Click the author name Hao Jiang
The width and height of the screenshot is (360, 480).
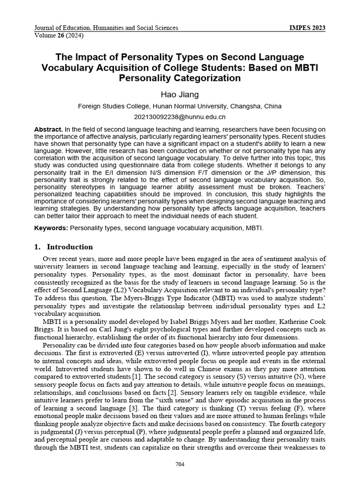click(180, 94)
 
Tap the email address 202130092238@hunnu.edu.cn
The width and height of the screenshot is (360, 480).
click(180, 117)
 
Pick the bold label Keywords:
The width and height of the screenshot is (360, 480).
click(51, 228)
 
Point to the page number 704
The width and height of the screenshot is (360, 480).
click(180, 464)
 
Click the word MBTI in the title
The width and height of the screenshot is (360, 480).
click(304, 67)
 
